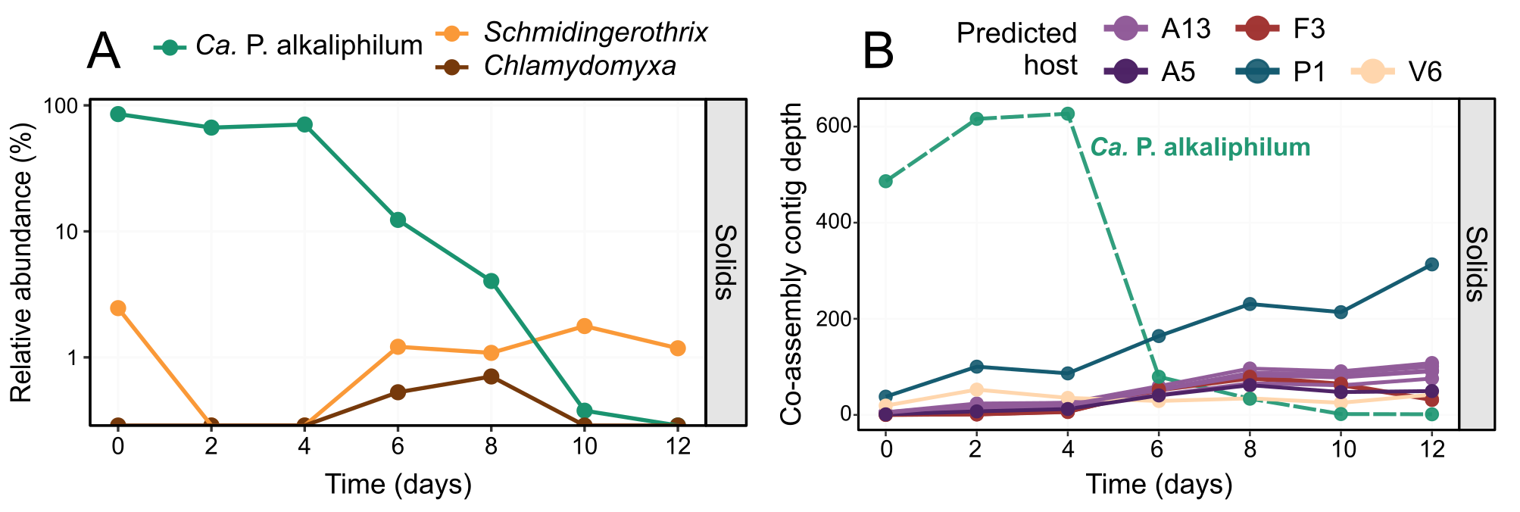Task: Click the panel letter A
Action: (x=104, y=52)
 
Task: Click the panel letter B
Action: (x=878, y=52)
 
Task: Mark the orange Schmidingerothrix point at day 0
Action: (x=117, y=308)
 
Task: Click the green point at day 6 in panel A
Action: (x=398, y=220)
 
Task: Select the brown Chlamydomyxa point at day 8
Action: (x=491, y=376)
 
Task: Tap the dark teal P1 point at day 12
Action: (x=1431, y=264)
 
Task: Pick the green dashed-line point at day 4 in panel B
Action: (x=1068, y=114)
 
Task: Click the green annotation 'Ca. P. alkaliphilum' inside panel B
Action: (x=1200, y=147)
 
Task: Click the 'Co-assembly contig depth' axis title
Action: (x=791, y=264)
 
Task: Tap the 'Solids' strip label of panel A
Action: (x=726, y=262)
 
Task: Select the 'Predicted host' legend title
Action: (x=1016, y=48)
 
